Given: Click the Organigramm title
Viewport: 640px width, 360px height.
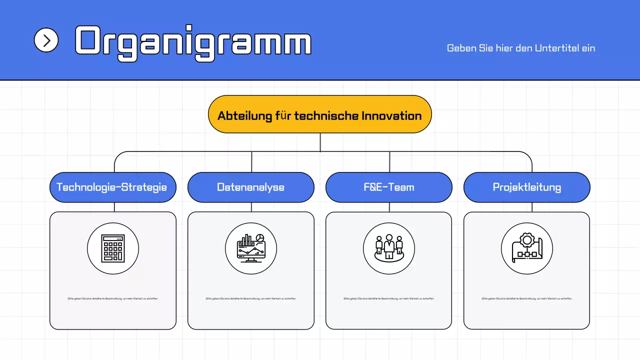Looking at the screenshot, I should pyautogui.click(x=193, y=42).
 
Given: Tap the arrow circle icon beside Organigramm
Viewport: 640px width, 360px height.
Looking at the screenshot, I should pyautogui.click(x=46, y=40).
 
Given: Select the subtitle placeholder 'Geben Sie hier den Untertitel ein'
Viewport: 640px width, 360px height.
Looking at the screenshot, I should pyautogui.click(x=520, y=48).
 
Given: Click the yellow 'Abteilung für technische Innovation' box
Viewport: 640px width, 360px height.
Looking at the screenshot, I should pyautogui.click(x=319, y=114).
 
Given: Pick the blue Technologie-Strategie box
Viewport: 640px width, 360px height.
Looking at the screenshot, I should pyautogui.click(x=112, y=187).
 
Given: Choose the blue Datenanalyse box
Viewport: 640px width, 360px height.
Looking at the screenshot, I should pyautogui.click(x=250, y=187).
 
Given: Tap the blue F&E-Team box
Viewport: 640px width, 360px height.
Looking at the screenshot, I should pyautogui.click(x=388, y=187).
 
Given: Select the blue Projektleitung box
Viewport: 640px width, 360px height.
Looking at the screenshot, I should pyautogui.click(x=526, y=187).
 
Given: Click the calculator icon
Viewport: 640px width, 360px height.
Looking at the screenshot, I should pyautogui.click(x=112, y=248).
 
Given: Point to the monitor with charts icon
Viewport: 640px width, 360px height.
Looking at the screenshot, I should pyautogui.click(x=250, y=248).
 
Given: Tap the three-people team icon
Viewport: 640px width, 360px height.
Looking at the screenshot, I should pyautogui.click(x=388, y=248).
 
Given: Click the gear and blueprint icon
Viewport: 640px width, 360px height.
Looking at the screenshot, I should pyautogui.click(x=526, y=248).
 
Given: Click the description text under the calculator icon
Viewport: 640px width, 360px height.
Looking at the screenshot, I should pyautogui.click(x=112, y=298).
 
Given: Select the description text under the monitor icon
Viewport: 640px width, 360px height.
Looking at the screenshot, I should pyautogui.click(x=250, y=298).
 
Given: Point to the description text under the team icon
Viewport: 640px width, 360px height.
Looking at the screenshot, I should pyautogui.click(x=388, y=298).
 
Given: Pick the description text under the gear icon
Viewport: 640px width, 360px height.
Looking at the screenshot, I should pyautogui.click(x=526, y=298).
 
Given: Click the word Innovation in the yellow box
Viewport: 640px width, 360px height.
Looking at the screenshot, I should pyautogui.click(x=391, y=116).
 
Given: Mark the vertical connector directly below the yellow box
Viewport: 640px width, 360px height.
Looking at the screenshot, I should pyautogui.click(x=320, y=142).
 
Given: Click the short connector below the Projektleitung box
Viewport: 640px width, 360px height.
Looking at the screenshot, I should pyautogui.click(x=532, y=207).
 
